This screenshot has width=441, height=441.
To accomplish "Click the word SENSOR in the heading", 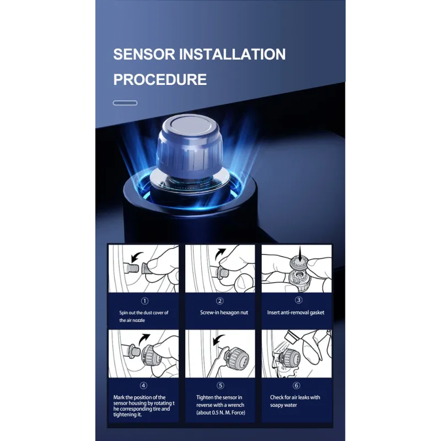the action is pyautogui.click(x=144, y=54).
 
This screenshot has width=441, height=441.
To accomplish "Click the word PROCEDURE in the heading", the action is pyautogui.click(x=160, y=79).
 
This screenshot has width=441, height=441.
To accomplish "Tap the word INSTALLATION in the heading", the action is pyautogui.click(x=233, y=54).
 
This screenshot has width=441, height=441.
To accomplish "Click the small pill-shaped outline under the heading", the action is pyautogui.click(x=125, y=103).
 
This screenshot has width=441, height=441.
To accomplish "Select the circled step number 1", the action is pyautogui.click(x=144, y=301).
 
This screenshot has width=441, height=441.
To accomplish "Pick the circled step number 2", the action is pyautogui.click(x=219, y=301).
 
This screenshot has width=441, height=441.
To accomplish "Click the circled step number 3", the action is pyautogui.click(x=299, y=300).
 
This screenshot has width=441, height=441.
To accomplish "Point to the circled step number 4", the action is pyautogui.click(x=143, y=385).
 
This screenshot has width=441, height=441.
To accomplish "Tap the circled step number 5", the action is pyautogui.click(x=220, y=385).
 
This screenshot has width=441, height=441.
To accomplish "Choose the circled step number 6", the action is pyautogui.click(x=297, y=385).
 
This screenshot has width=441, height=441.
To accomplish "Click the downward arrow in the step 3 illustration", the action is pyautogui.click(x=300, y=254).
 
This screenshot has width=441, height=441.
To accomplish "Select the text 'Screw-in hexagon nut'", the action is pyautogui.click(x=224, y=313).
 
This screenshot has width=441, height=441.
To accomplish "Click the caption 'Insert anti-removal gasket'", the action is pyautogui.click(x=295, y=313).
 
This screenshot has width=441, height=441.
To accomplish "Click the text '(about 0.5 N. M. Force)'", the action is pyautogui.click(x=221, y=412).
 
